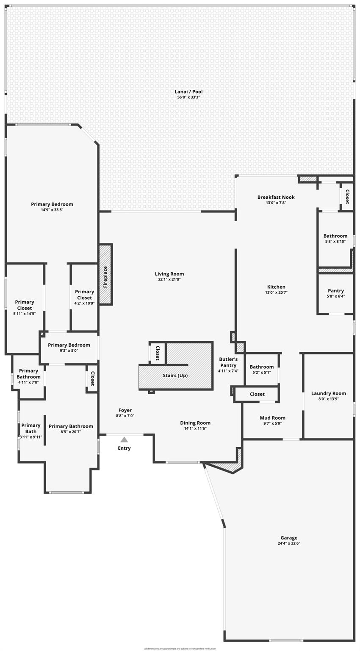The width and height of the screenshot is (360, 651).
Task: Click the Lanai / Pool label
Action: coord(188,92)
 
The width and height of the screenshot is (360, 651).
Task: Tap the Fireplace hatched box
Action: coord(105,274)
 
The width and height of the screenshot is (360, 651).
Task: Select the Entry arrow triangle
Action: coord(124,440)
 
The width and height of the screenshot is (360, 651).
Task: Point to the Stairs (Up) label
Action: coord(175,376)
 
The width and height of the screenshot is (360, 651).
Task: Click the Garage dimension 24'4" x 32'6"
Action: coord(289,543)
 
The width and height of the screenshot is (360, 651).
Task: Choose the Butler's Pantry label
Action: coord(228,362)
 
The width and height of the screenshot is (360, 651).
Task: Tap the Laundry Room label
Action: coord(328,393)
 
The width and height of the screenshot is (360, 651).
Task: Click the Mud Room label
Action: coord(272,418)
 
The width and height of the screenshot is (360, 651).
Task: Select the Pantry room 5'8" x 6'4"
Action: coord(335,293)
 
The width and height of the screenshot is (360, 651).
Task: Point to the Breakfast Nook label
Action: coord(276,197)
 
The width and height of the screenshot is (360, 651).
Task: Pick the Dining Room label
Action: coord(195,423)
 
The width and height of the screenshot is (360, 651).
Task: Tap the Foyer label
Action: coord(125,410)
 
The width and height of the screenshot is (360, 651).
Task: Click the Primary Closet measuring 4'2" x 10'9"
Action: coord(84,297)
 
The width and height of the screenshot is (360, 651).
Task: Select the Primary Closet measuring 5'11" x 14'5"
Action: coord(25,307)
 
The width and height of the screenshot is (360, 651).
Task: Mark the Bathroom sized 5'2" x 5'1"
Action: coord(261,369)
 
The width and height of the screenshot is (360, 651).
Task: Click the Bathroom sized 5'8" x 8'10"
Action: coord(335,238)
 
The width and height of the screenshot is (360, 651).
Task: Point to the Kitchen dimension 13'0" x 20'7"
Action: coord(276,292)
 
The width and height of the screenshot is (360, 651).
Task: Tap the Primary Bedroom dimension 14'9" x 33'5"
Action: coord(52,210)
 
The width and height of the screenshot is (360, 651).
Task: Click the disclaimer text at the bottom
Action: coord(180,648)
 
